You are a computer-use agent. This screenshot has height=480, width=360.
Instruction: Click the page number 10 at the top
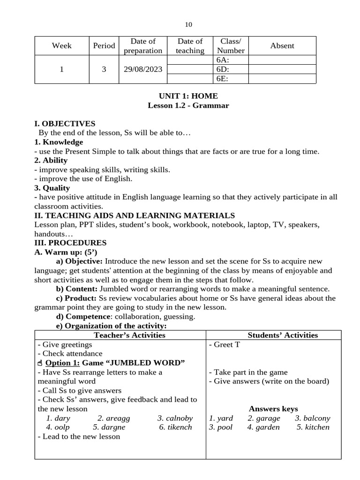point(188,24)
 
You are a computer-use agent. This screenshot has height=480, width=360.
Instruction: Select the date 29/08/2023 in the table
point(143,69)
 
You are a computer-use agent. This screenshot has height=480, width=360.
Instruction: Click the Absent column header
point(282,45)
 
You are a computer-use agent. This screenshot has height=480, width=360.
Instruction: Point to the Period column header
point(104,45)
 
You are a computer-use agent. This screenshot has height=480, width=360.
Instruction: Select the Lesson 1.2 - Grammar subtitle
point(188,105)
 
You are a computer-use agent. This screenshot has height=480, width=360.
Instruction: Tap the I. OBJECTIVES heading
point(65,124)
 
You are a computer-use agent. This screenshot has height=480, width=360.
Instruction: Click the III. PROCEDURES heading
point(70,243)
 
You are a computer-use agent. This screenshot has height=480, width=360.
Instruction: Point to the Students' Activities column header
point(283,335)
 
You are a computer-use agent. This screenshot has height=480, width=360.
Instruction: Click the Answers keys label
point(273,409)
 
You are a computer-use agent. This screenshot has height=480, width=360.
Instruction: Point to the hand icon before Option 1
point(39,363)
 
